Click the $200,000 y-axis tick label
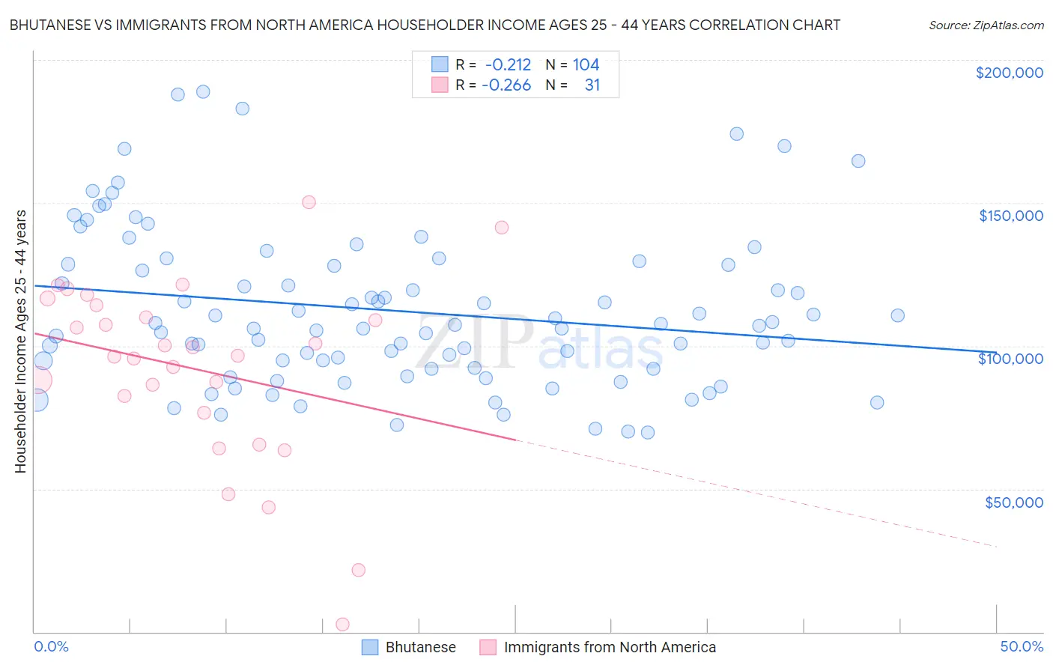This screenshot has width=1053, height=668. click(1009, 73)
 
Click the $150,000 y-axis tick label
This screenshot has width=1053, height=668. click(1010, 216)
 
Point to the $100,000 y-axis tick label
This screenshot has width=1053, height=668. click(1010, 359)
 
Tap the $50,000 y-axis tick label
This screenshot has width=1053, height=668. click(1013, 502)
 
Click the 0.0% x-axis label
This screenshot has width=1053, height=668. click(51, 646)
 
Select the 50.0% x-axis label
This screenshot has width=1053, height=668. click(1021, 646)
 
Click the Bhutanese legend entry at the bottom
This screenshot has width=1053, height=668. click(420, 647)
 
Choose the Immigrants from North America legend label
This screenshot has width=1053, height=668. click(610, 647)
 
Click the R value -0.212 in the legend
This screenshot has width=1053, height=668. click(508, 65)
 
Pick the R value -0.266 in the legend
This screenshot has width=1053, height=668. click(506, 85)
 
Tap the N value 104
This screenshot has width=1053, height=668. click(586, 65)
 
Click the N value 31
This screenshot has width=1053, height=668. click(592, 85)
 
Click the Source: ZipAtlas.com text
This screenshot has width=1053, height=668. click(986, 25)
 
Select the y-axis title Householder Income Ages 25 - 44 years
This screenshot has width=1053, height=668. click(21, 341)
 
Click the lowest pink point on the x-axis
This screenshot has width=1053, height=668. click(342, 624)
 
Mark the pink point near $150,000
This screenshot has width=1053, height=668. click(309, 202)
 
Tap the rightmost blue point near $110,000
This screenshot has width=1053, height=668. click(897, 315)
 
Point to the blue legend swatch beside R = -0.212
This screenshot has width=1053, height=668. click(440, 65)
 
